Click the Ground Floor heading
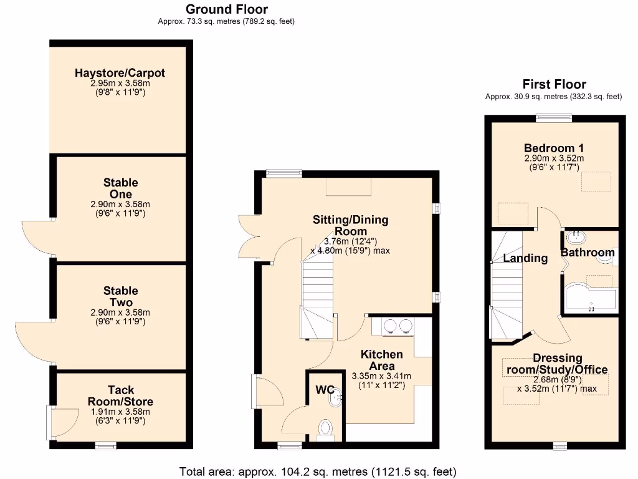coord(227,9)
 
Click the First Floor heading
coord(554,84)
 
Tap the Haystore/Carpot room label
coord(120,73)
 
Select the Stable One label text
coord(121,188)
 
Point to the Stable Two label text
coord(121,296)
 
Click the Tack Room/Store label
coord(120,396)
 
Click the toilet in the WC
coord(325,429)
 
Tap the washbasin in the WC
coord(336,397)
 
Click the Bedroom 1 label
coord(554,148)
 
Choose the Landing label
coord(525,258)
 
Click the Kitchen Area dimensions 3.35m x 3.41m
coord(382,377)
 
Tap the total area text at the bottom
coord(318,471)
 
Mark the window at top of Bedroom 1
coord(555,117)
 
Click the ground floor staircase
coord(318,299)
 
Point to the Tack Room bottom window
coord(106,445)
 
